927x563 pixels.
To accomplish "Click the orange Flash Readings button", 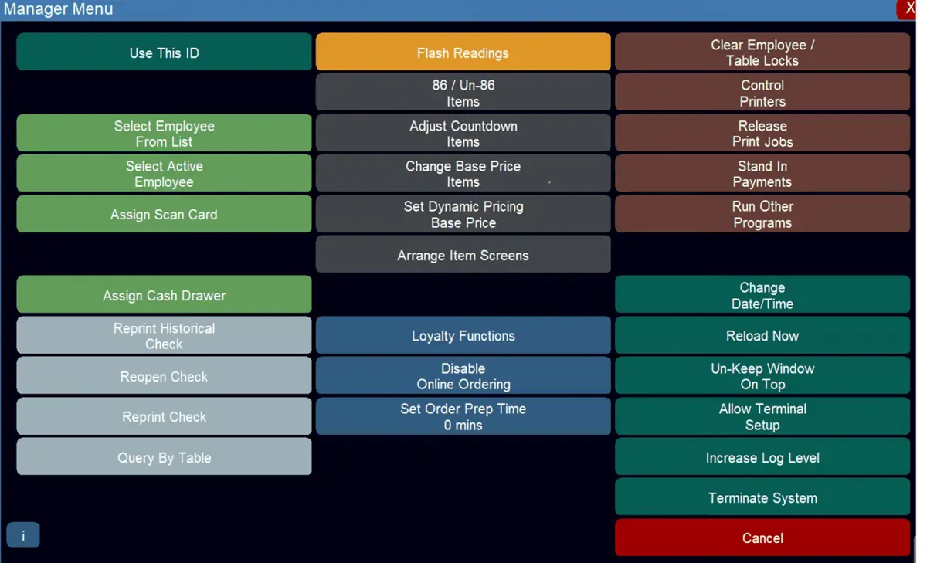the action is tap(463, 52).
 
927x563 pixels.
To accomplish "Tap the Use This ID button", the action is tap(164, 52).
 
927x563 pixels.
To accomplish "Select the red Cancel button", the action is tap(762, 538).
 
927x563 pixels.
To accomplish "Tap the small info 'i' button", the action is tap(23, 535).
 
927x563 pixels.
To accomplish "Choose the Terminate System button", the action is tap(762, 497).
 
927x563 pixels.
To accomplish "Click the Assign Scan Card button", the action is tap(164, 214).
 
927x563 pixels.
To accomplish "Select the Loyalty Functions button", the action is tap(463, 335).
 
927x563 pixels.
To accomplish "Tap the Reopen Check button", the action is tap(164, 375).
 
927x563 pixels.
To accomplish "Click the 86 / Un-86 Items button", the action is tap(463, 92).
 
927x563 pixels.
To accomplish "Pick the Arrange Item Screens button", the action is tap(463, 254).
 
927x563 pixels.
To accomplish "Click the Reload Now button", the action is tap(762, 335).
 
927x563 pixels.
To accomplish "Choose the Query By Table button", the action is tap(164, 456).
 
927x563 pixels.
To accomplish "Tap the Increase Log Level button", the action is tap(762, 456).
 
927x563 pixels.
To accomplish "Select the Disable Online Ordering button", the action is tap(463, 375).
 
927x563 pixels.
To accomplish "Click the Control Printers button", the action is tap(762, 92).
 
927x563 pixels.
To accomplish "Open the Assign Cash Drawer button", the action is tap(164, 294).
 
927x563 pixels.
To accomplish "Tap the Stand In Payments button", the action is tap(762, 173).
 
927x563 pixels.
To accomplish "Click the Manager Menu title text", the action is tap(59, 9).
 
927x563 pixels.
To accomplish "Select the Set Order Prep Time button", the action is tap(463, 416).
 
